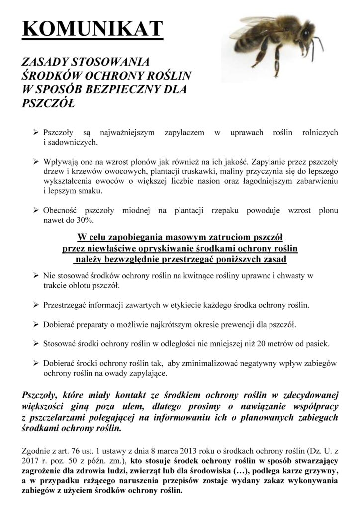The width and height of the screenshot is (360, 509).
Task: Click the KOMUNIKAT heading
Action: (x=93, y=29)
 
